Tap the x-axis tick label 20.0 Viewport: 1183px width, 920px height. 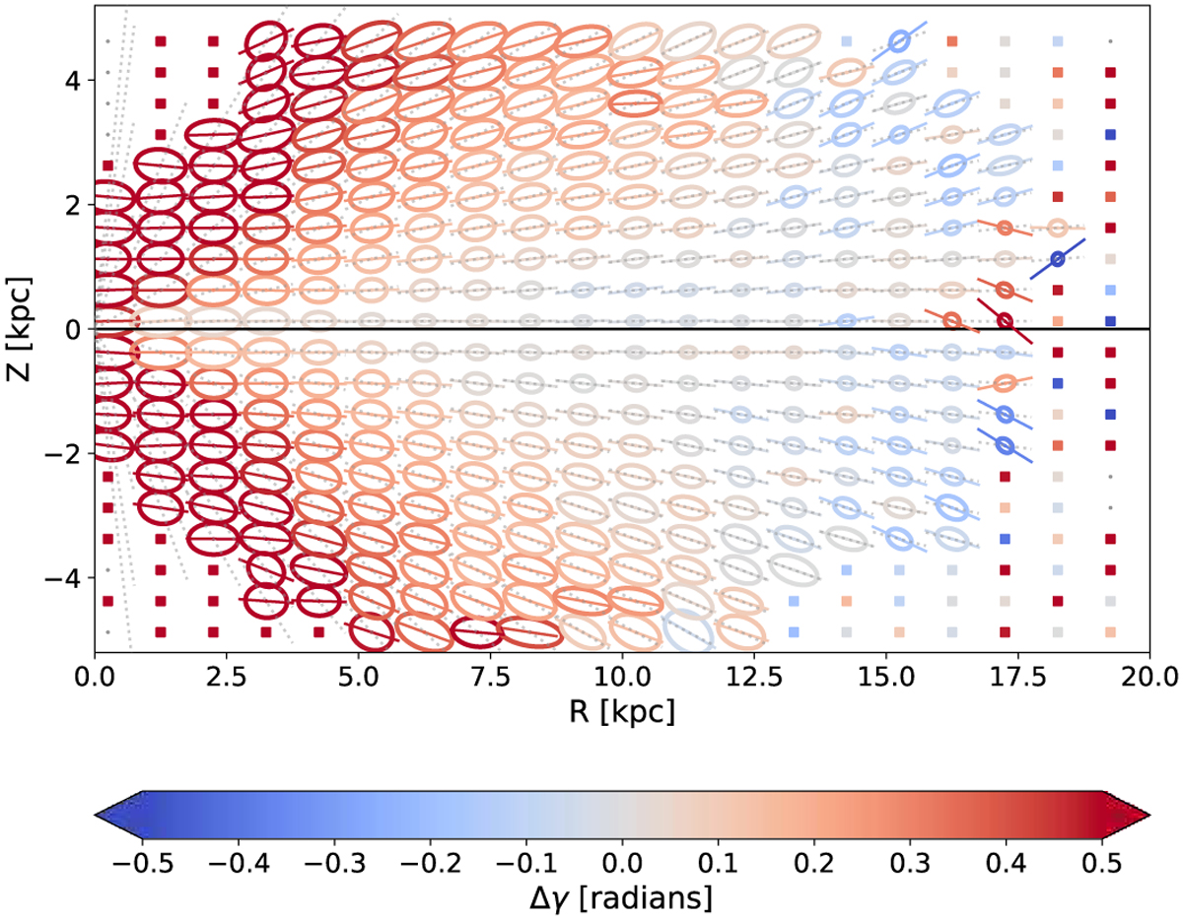click(x=1148, y=678)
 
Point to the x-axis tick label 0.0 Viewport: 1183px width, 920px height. click(x=95, y=678)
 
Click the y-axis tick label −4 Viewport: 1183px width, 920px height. click(x=59, y=577)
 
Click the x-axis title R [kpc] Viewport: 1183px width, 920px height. click(x=622, y=711)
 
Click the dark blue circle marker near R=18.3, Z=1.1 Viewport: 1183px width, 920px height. click(x=1057, y=259)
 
